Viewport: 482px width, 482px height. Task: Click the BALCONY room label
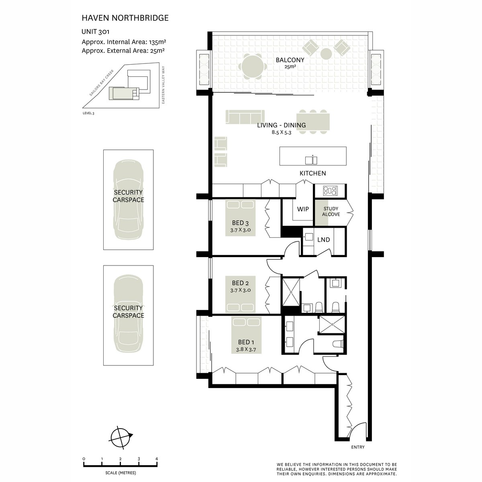(x=290, y=60)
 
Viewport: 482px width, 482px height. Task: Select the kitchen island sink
(x=311, y=160)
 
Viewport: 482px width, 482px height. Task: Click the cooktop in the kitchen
(x=330, y=190)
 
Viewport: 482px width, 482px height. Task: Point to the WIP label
(x=303, y=209)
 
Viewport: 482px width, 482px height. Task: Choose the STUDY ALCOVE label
(x=331, y=211)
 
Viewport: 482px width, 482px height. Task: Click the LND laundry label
(x=323, y=240)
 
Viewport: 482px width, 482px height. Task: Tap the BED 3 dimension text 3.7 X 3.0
(x=240, y=230)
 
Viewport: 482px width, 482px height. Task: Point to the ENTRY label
(x=358, y=447)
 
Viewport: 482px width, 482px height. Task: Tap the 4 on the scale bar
(x=157, y=459)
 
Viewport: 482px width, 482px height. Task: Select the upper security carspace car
(x=128, y=200)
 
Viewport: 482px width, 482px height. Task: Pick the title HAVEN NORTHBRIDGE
(x=125, y=18)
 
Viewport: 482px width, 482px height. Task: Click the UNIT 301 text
(x=95, y=32)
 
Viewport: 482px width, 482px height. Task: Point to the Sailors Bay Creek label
(x=102, y=83)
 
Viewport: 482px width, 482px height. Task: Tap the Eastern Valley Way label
(x=163, y=85)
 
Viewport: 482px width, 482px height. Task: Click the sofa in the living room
(x=245, y=116)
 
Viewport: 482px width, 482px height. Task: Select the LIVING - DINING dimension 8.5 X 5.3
(x=282, y=132)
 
